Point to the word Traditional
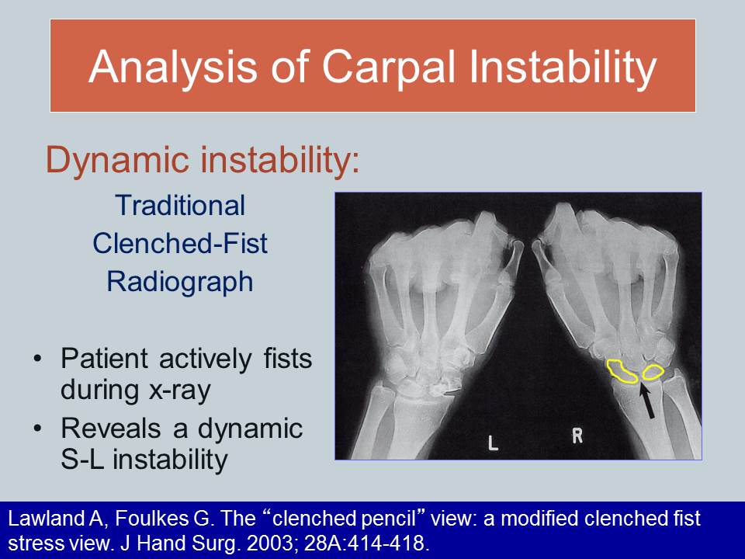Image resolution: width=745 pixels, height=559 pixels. click(x=179, y=206)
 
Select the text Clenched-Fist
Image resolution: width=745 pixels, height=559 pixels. click(x=179, y=243)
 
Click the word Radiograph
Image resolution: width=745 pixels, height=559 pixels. click(x=179, y=281)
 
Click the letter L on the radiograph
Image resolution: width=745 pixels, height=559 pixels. click(x=492, y=444)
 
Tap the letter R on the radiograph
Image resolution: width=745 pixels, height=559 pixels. click(x=577, y=436)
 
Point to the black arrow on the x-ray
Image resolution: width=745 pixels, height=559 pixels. click(x=647, y=401)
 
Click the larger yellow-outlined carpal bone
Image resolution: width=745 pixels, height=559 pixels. click(x=622, y=370)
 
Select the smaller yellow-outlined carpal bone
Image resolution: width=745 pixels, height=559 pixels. click(x=652, y=373)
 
